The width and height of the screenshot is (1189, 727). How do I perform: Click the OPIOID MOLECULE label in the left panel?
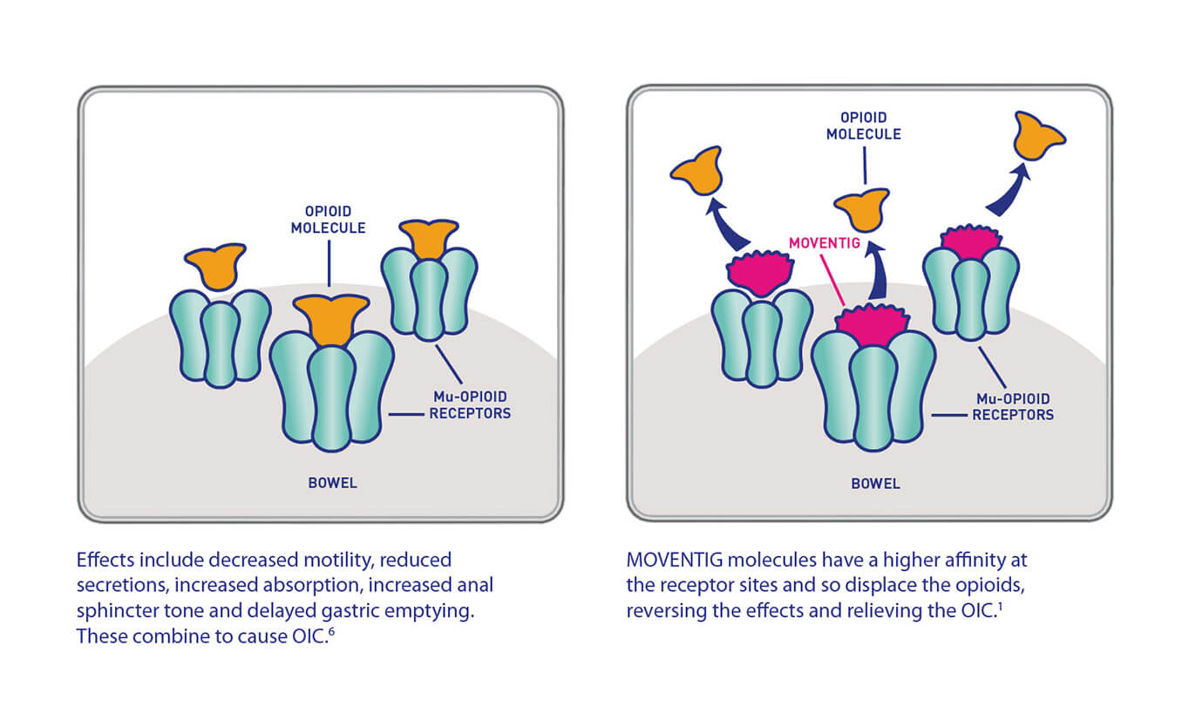(x=329, y=220)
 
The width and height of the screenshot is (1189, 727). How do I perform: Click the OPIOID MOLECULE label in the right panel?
(x=864, y=126)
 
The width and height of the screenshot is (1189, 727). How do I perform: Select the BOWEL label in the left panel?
(x=332, y=483)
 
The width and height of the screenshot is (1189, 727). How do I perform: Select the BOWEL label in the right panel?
(x=875, y=483)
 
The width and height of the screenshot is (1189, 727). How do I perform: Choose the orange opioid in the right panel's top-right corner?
(x=1039, y=136)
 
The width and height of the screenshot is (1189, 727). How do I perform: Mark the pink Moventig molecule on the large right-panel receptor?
(x=873, y=324)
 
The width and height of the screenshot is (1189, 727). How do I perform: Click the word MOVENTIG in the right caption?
(x=668, y=560)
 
